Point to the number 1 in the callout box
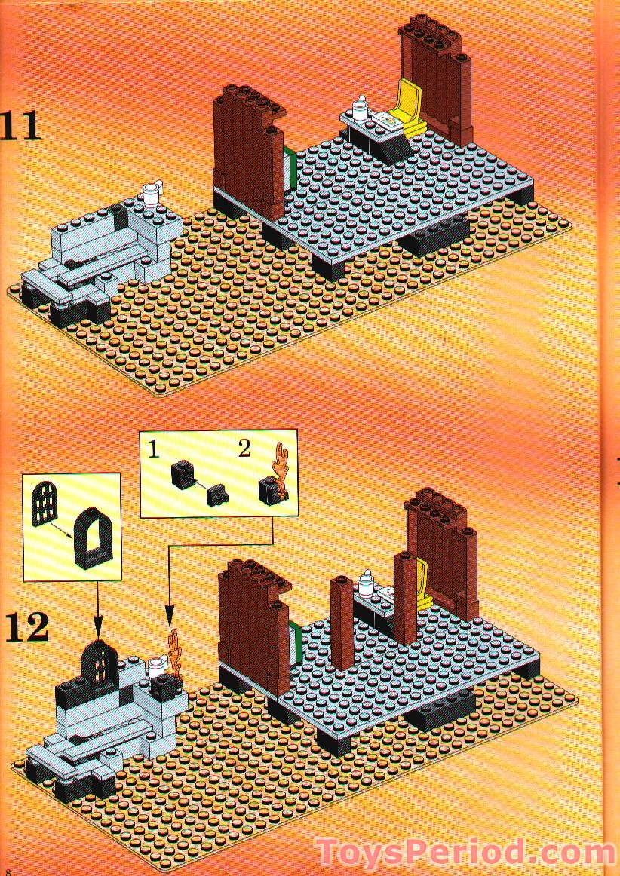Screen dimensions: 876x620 (153, 450)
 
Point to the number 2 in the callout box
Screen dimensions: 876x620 (244, 449)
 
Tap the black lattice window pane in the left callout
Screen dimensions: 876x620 (45, 503)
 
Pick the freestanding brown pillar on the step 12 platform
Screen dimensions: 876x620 (342, 622)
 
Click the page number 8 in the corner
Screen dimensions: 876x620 (8, 869)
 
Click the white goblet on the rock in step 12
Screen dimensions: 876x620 (156, 667)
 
